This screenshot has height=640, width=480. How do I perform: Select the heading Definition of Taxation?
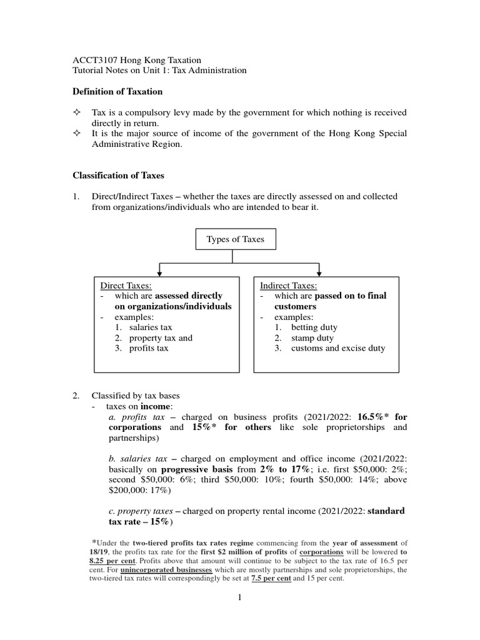[x=117, y=92]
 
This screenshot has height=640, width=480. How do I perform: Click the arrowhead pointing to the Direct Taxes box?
[x=161, y=272]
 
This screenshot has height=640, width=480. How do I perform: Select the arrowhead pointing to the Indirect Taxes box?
[x=319, y=272]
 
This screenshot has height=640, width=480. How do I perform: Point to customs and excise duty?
[x=338, y=348]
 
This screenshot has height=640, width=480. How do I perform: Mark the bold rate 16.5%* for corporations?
[x=382, y=417]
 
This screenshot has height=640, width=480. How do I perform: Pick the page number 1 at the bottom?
[x=239, y=597]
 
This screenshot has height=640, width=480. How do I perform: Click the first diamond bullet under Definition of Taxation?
[x=77, y=113]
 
